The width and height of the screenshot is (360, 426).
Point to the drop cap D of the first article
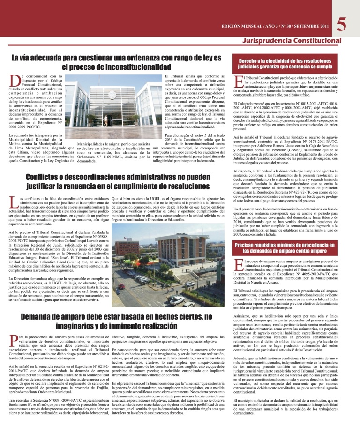coord(14,80)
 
